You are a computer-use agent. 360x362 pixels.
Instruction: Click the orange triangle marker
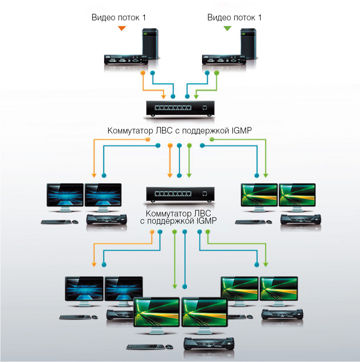tap(122, 28)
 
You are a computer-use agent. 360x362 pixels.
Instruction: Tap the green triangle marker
tap(228, 28)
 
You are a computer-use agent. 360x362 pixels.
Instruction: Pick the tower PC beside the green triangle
tap(248, 45)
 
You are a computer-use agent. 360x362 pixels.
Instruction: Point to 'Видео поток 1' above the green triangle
tap(234, 17)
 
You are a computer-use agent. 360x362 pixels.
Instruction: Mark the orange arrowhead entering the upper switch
tap(164, 97)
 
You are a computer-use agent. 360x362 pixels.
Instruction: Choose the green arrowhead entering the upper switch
tap(196, 97)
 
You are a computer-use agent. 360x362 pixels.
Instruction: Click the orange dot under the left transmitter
tap(143, 73)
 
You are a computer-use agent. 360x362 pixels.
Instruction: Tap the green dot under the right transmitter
tap(217, 73)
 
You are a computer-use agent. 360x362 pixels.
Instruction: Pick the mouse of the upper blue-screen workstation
tap(75, 222)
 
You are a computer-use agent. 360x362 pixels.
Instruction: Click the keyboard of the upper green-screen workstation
tap(251, 222)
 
